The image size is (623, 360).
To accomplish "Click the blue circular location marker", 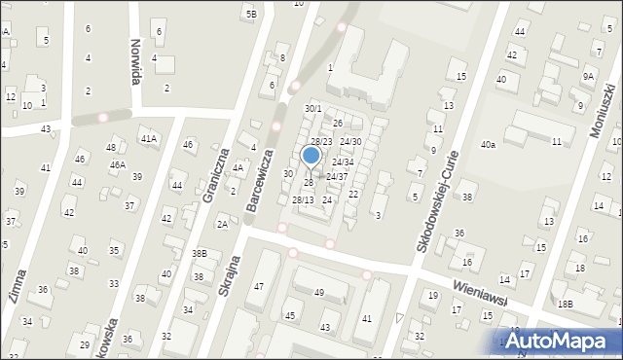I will [x=311, y=155].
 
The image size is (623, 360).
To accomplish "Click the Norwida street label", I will [x=135, y=60].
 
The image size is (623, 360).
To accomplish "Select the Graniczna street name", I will [x=215, y=175].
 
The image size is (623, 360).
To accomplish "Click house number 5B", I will [x=251, y=14].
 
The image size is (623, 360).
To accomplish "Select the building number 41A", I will [x=148, y=139].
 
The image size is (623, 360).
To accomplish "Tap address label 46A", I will [x=117, y=165].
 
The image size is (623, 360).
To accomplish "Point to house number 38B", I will [x=200, y=253].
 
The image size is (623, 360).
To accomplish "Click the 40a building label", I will [x=487, y=144].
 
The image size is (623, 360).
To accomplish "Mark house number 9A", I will [x=588, y=76].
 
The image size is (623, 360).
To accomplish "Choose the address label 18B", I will [x=566, y=304].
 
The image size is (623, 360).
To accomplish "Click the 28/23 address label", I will [x=321, y=142].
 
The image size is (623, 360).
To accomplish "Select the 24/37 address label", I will [x=337, y=176].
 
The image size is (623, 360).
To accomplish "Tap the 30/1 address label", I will [x=312, y=108].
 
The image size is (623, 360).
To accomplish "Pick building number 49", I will [x=318, y=292].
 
